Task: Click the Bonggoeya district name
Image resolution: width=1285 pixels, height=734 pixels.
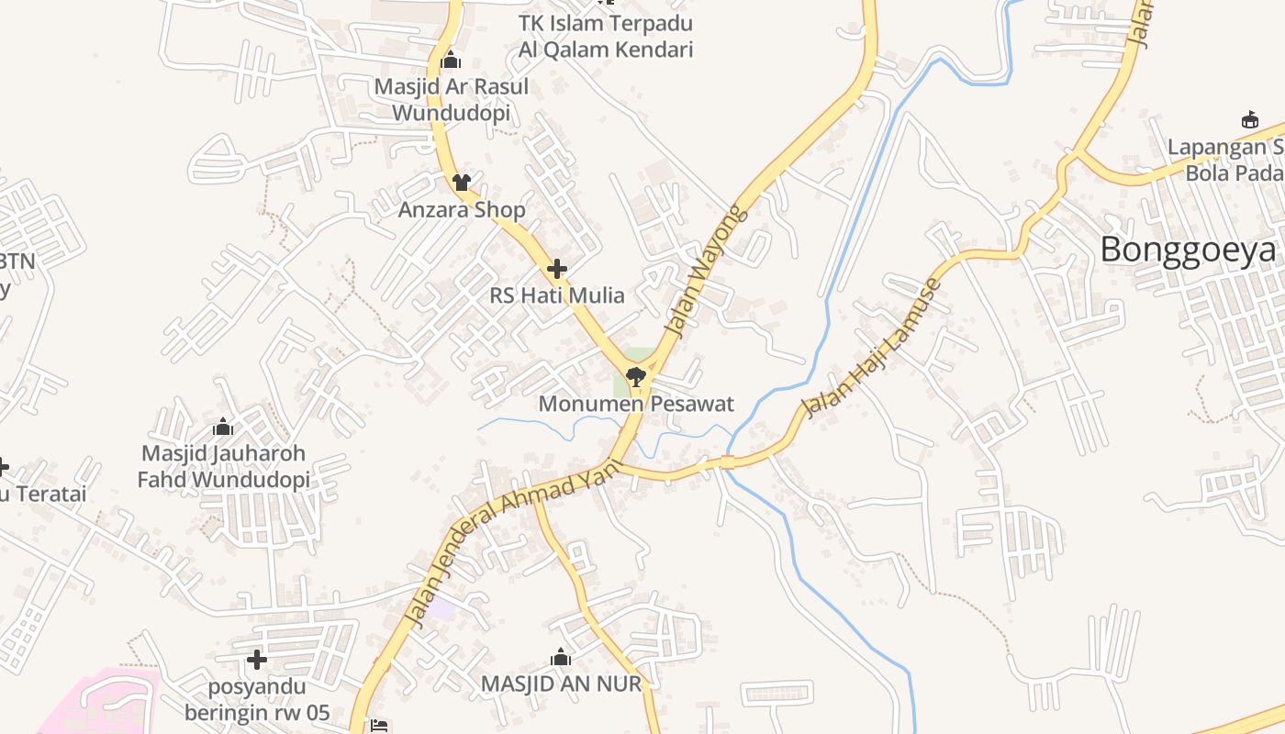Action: coord(1188,250)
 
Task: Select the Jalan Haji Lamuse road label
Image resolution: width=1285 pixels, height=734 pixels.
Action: coord(872,349)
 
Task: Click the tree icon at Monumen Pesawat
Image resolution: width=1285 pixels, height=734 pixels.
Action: coord(634,375)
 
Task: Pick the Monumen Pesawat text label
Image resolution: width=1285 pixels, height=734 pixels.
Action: coord(636,404)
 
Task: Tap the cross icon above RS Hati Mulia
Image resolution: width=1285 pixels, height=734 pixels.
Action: coord(556,270)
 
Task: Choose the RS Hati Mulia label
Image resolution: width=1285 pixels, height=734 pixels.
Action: coord(556,295)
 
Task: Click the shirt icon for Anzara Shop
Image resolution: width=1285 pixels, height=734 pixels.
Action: coord(461,183)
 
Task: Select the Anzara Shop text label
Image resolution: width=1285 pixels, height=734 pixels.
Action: coord(462,210)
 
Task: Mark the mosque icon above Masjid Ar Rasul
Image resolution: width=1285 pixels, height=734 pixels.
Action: coord(451,61)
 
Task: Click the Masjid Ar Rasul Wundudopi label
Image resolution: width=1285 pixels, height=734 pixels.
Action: coord(451,100)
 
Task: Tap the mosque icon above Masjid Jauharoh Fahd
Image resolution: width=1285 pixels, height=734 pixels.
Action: coord(222,427)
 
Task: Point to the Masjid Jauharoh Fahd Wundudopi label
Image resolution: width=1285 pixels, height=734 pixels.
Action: coord(223,466)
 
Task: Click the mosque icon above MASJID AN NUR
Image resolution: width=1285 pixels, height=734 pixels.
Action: coord(561,657)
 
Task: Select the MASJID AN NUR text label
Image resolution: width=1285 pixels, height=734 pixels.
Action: coord(561,684)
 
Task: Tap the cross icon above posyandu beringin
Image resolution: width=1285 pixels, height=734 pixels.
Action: coord(257,660)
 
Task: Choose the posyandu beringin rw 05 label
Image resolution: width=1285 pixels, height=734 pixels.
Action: coord(257,700)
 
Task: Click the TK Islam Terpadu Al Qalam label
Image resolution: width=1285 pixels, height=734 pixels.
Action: coord(605,37)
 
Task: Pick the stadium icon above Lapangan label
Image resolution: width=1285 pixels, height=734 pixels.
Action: coord(1249,119)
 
